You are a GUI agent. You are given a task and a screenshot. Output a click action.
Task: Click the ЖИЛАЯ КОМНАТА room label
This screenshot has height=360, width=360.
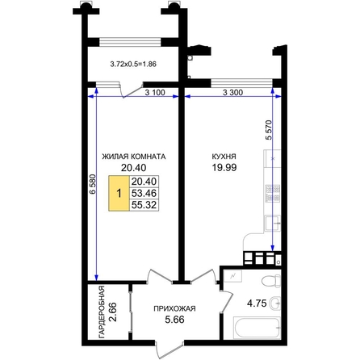point(134,157)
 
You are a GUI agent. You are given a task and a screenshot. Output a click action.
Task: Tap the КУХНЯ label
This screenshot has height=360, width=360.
point(224,157)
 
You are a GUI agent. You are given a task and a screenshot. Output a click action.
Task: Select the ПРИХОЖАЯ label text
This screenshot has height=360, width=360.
point(174,308)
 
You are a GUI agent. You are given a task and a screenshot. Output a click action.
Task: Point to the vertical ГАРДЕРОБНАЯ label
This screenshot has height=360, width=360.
point(102,312)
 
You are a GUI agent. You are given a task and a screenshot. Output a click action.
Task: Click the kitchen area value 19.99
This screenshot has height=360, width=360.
point(224,168)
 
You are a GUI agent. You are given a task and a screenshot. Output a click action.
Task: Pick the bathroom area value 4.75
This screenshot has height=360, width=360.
point(257,303)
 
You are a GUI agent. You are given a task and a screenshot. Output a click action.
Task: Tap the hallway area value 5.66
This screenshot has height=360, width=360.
point(174,320)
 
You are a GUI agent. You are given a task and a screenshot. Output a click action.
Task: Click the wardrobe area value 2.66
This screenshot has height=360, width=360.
point(113,312)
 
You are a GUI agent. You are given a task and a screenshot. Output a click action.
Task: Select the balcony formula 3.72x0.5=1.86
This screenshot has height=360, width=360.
point(133,65)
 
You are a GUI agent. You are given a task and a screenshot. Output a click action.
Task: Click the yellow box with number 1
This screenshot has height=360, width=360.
point(119,193)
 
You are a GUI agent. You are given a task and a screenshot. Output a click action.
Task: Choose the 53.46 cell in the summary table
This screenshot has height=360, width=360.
point(144,193)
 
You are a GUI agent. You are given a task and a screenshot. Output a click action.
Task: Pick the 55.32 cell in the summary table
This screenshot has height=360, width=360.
point(144,205)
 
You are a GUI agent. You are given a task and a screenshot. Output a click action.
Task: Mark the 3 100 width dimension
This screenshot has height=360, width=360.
point(155,93)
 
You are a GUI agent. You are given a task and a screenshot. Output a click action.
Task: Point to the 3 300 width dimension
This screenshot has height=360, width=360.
point(233,93)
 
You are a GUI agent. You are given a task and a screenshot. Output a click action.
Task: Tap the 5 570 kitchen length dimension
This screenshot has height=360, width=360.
point(269,130)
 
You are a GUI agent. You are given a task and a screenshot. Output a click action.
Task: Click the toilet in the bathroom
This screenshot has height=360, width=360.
point(271,282)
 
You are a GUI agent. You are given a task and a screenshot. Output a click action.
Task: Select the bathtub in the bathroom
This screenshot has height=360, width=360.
point(257,328)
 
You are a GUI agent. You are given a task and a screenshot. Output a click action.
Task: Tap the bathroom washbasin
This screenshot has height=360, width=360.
point(275,303)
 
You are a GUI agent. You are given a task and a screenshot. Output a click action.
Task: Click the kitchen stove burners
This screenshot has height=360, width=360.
point(273,193)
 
